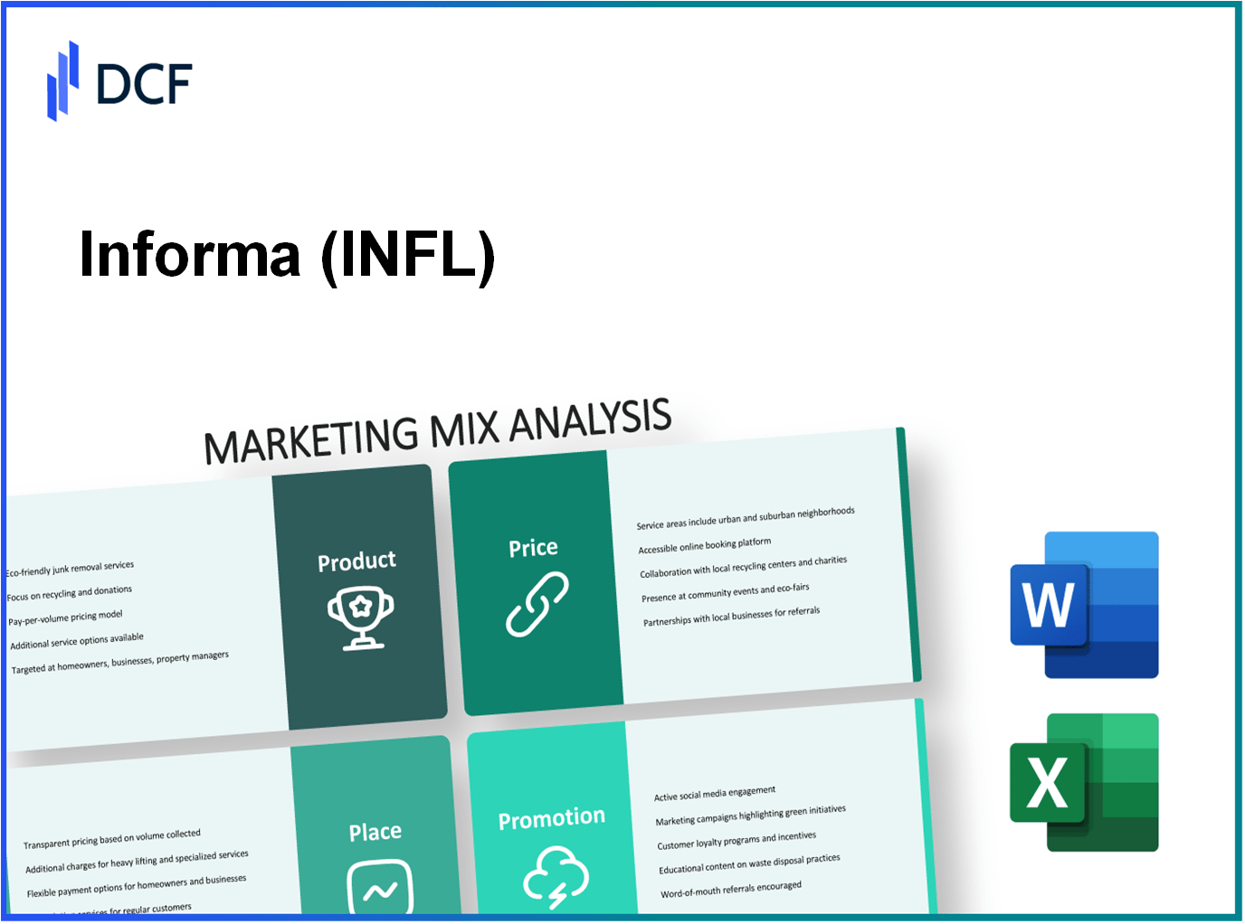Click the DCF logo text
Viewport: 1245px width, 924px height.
click(x=144, y=84)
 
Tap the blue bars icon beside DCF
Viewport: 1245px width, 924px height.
click(x=62, y=81)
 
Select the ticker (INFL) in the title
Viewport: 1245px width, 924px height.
click(x=408, y=255)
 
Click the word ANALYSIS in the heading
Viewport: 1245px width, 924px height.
click(x=590, y=420)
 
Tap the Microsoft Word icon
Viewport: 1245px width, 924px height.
click(x=1084, y=605)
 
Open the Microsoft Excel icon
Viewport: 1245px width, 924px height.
click(x=1084, y=782)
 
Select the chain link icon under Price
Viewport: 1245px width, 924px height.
click(x=537, y=604)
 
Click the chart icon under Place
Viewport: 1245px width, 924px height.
click(x=380, y=888)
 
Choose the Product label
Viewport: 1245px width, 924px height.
click(x=356, y=561)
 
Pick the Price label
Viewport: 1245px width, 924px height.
click(x=533, y=548)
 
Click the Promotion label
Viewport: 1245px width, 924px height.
click(x=551, y=819)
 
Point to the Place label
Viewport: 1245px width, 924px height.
click(x=375, y=832)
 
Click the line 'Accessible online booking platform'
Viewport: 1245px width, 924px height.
click(x=705, y=546)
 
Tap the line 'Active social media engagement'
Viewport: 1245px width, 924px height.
click(x=715, y=793)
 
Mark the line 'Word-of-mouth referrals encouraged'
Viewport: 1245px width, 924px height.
click(x=731, y=890)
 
